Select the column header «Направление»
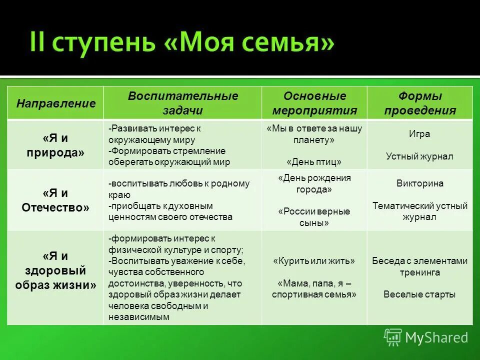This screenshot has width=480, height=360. (55, 103)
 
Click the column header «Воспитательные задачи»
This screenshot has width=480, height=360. (183, 103)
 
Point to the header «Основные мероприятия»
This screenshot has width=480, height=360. (314, 103)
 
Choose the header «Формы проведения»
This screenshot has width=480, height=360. (420, 103)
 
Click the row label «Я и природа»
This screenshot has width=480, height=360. (55, 144)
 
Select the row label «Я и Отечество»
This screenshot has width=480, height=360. (55, 200)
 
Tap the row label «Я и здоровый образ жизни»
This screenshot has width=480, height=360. (55, 270)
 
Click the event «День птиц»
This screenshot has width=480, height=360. (314, 162)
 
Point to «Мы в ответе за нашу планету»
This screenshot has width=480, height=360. (314, 134)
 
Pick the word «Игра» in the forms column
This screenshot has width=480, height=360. (419, 134)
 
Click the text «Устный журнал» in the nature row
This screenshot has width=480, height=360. (419, 156)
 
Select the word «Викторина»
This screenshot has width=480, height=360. (419, 183)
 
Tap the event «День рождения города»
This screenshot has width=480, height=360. (314, 183)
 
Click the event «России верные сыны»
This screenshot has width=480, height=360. (314, 217)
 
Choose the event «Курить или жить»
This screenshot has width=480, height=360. (314, 261)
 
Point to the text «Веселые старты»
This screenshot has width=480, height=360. (419, 294)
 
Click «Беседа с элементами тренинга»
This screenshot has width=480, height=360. (419, 266)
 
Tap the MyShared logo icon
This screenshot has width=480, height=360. (392, 337)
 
